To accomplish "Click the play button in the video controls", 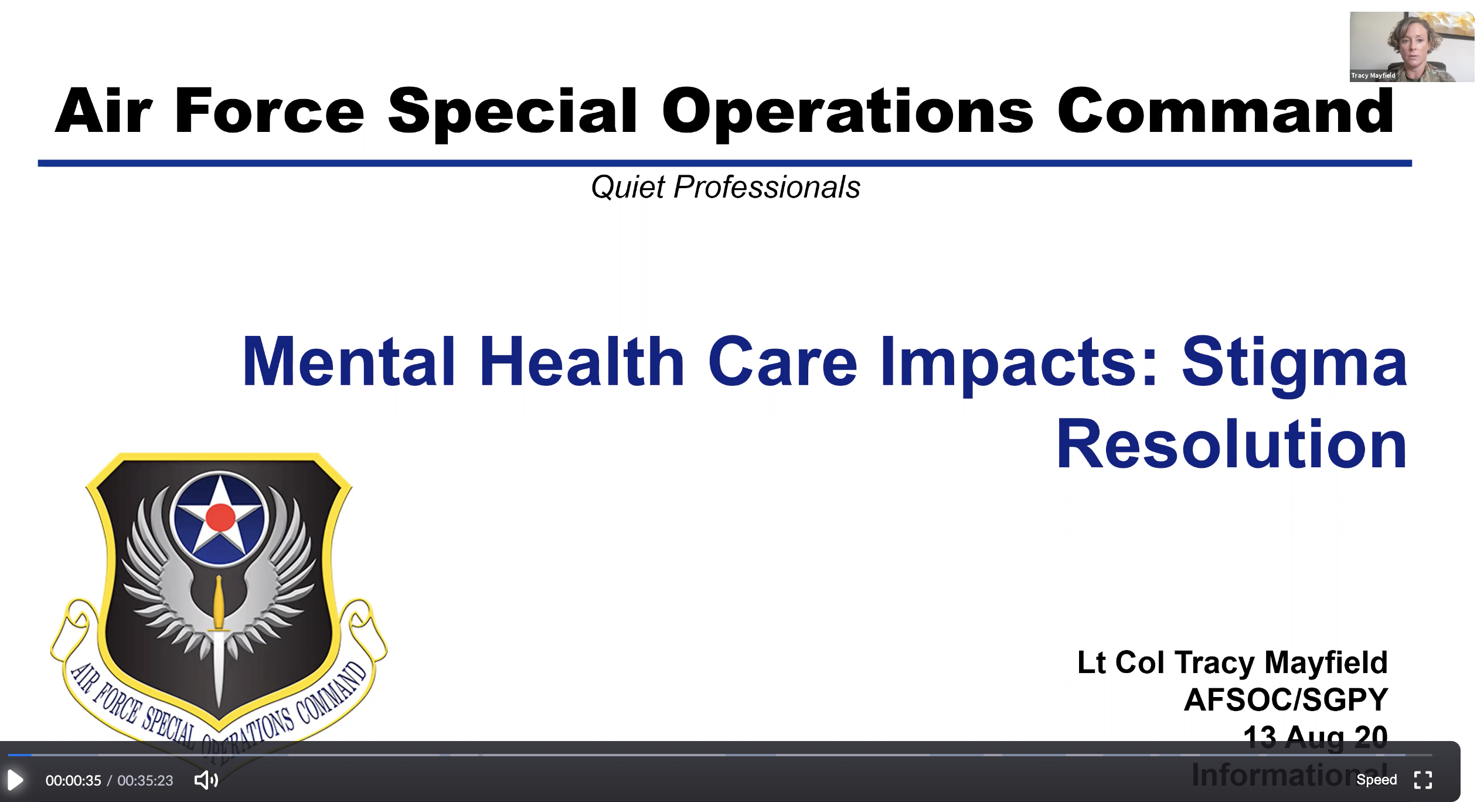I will (15, 780).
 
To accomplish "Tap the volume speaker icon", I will (206, 780).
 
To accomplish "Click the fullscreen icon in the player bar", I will (1423, 780).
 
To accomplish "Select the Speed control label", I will (1376, 780).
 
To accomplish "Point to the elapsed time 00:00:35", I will (73, 780).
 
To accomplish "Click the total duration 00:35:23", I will (145, 780).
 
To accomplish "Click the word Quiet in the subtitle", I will (628, 188).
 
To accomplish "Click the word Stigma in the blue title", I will (1294, 362).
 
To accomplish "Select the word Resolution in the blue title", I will (1231, 444).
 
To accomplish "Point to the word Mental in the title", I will (349, 362).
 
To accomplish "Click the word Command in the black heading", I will (1226, 111).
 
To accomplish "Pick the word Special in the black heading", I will (512, 111).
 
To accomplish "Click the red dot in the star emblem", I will (220, 518).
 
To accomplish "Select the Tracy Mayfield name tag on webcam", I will (1373, 76).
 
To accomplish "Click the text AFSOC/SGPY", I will (1286, 699).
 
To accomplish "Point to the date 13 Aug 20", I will (1315, 736).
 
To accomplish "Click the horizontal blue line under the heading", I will (724, 163).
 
